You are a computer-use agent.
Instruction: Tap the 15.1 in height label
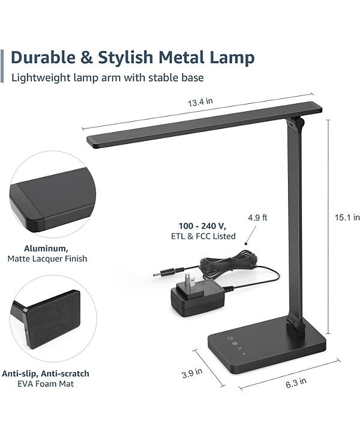347,217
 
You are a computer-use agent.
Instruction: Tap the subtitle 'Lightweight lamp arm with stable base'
107,77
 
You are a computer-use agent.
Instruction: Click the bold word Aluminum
46,248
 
